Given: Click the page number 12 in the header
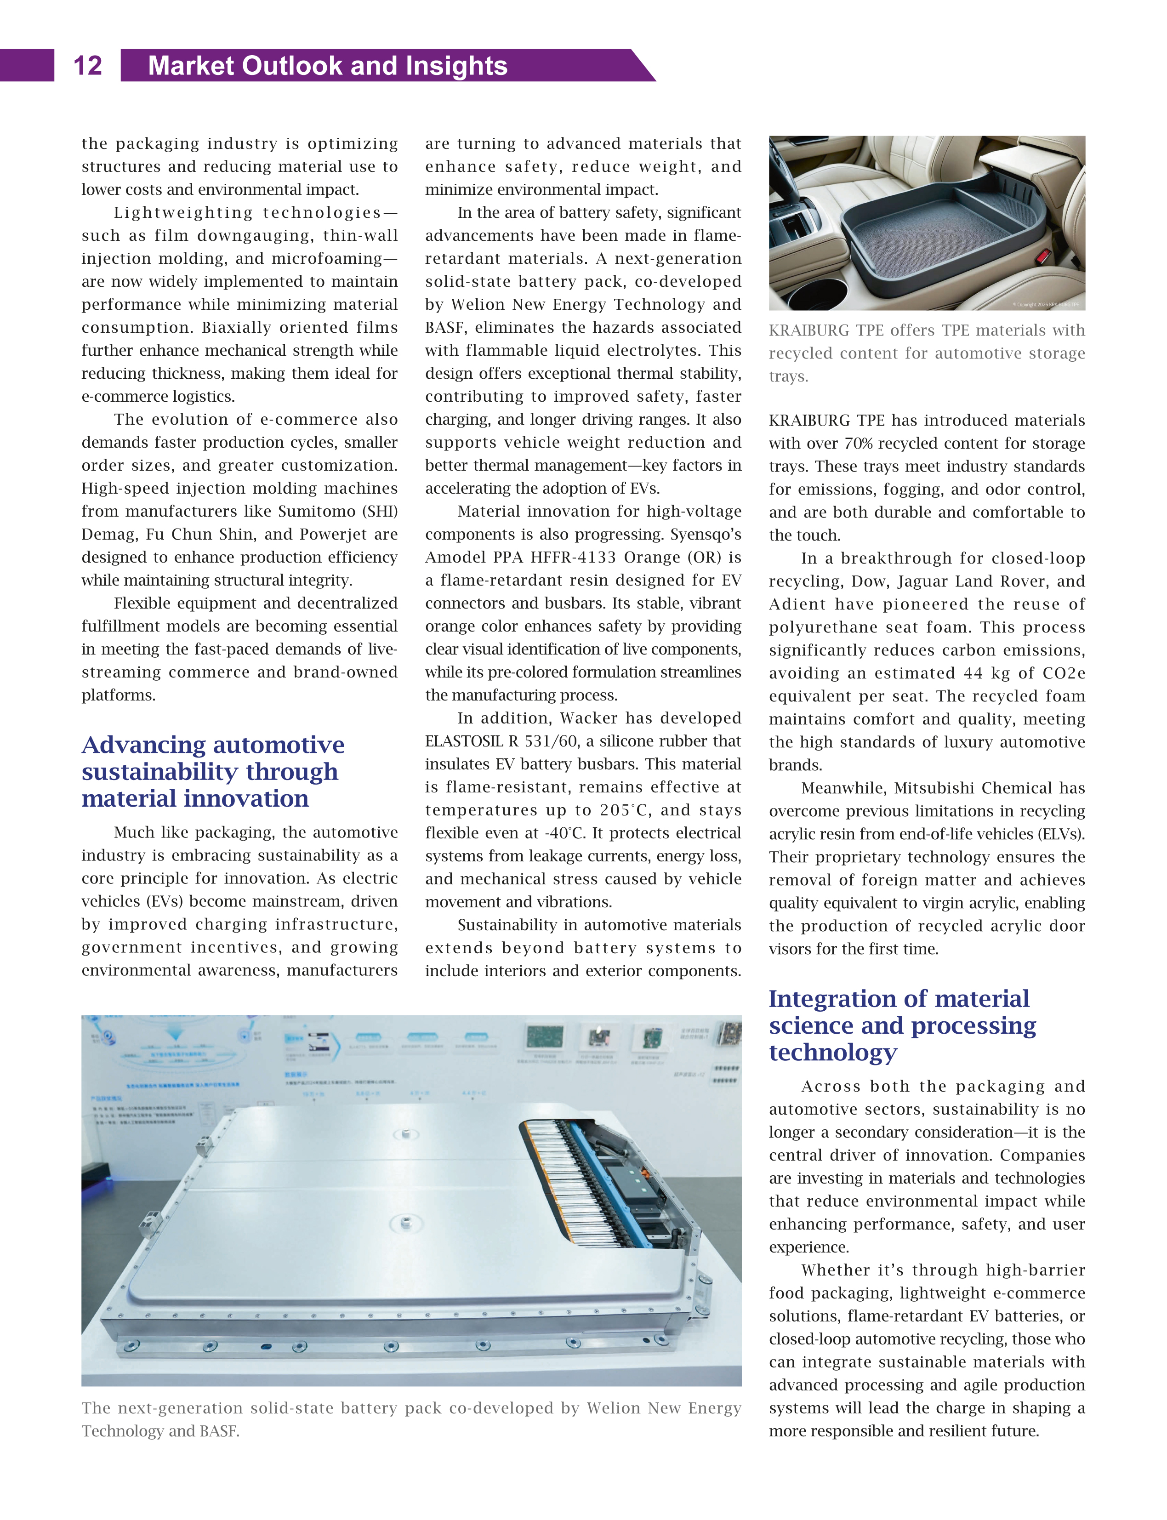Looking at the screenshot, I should [x=87, y=66].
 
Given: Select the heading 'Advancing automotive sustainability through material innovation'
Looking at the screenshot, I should [x=212, y=771].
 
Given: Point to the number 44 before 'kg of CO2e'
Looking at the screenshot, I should [x=971, y=673].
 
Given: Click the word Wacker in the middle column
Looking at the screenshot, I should [x=592, y=718].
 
